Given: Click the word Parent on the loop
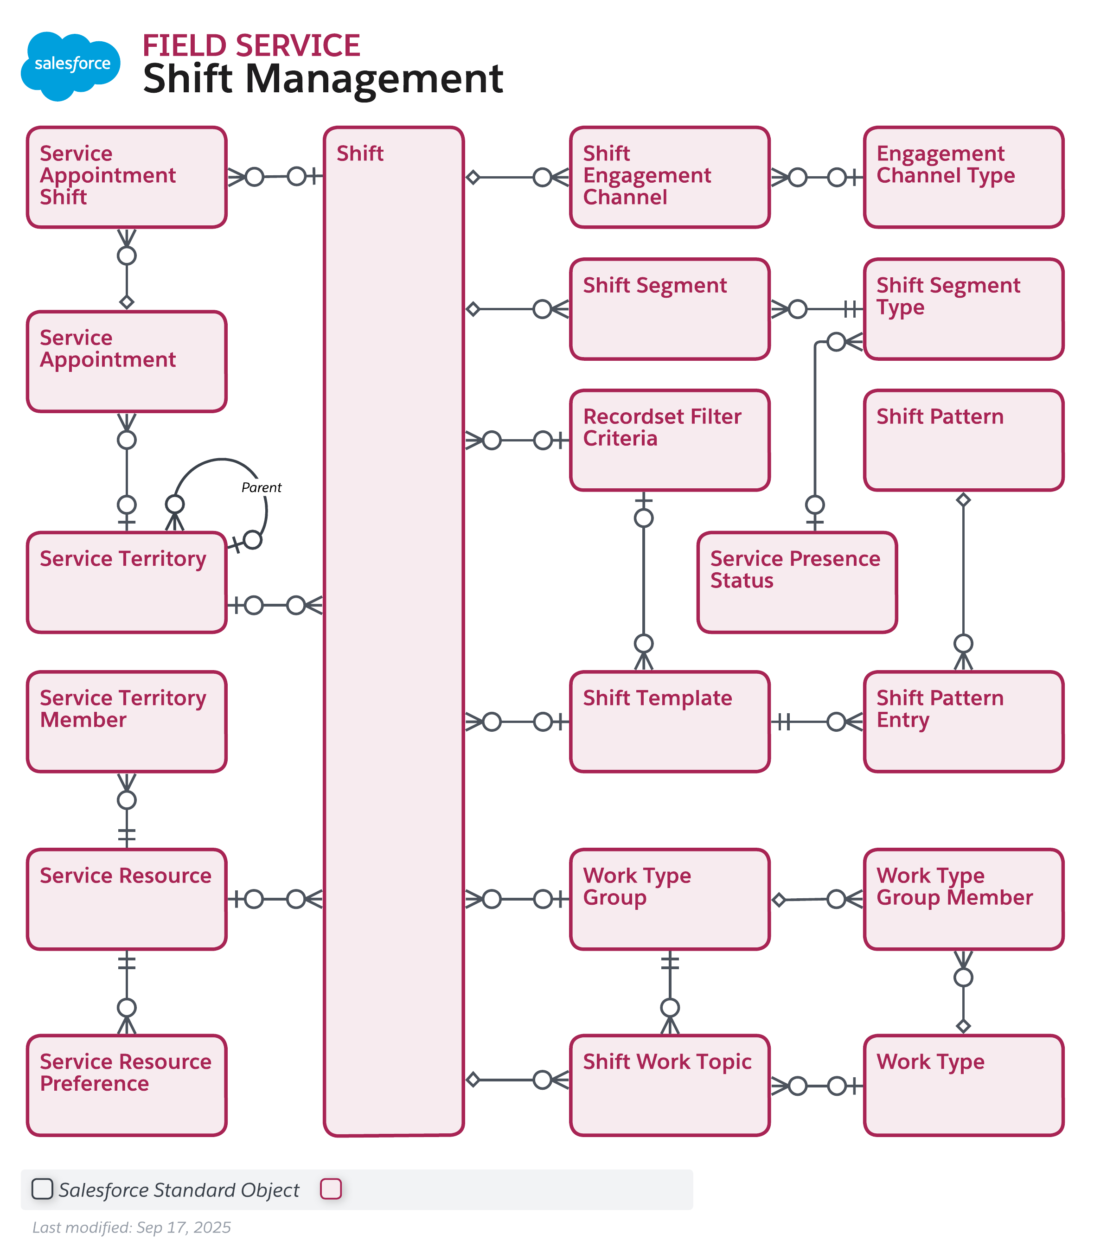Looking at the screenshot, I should (x=261, y=487).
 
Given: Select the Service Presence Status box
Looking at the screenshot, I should (x=797, y=582).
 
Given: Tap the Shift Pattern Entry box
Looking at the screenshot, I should (x=963, y=722).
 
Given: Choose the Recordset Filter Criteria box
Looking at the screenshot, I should (x=669, y=440).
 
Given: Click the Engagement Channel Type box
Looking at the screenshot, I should (x=963, y=177).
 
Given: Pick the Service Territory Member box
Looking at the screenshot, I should (x=126, y=722).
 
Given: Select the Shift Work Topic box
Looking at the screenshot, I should (x=669, y=1085).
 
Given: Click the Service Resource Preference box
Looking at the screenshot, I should (x=126, y=1085).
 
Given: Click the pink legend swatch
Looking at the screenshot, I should (x=330, y=1189).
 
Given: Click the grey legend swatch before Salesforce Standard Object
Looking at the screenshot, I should (x=42, y=1189).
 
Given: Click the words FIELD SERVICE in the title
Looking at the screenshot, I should (x=251, y=46).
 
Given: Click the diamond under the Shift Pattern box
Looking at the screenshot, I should (x=963, y=500).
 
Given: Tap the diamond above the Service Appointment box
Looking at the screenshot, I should (x=126, y=301).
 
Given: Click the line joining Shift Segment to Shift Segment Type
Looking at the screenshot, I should (x=824, y=309).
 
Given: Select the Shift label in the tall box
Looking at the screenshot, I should (x=359, y=153).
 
